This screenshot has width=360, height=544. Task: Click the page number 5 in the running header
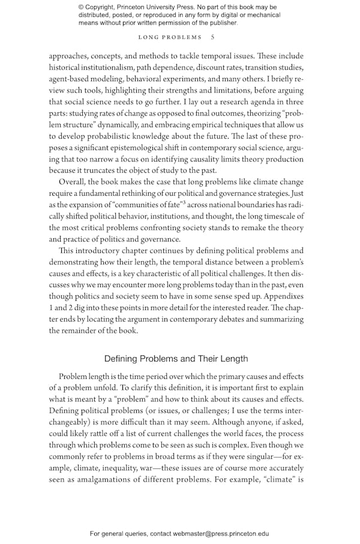tap(212, 37)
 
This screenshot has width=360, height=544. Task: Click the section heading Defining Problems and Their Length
tap(176, 358)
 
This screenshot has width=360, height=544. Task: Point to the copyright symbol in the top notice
tap(81, 7)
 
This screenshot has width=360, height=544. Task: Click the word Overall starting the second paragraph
tap(73, 181)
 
